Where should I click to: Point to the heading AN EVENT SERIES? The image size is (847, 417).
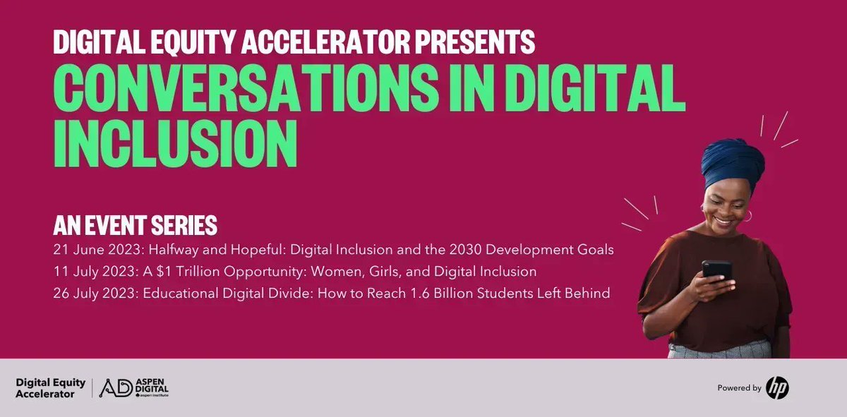(x=135, y=226)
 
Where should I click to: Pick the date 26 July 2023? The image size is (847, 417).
(x=92, y=293)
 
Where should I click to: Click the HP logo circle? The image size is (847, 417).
(x=777, y=387)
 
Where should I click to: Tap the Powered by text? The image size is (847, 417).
(x=739, y=388)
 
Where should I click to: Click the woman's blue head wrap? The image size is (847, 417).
(x=733, y=162)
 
